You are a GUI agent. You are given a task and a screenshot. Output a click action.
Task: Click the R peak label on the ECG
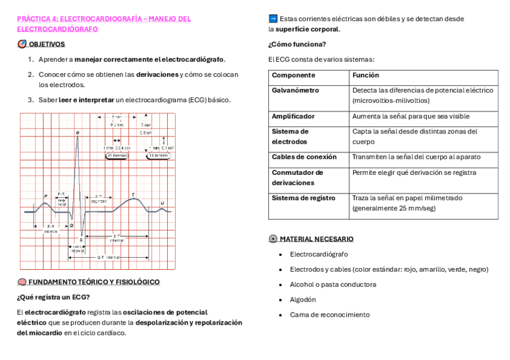pos(78,132)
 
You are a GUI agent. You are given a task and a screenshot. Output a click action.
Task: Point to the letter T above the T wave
pos(133,194)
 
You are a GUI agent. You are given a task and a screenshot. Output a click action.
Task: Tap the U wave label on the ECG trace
pos(162,203)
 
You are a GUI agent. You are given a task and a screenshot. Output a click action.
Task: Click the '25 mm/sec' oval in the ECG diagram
pos(117,155)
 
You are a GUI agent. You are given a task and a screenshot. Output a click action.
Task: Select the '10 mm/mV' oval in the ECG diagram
pos(159,155)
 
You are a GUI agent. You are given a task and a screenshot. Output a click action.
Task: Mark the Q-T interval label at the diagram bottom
pos(108,257)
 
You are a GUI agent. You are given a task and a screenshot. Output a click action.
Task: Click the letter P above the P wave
pos(46,196)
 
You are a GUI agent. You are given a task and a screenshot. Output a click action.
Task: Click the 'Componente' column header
pos(293,76)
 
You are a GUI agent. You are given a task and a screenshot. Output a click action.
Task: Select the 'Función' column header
pos(366,76)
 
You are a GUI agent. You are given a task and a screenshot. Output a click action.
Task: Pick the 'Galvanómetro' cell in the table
pos(295,91)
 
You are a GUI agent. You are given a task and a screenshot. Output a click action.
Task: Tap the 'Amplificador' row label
pos(293,117)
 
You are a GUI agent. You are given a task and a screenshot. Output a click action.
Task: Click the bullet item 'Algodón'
pos(303,300)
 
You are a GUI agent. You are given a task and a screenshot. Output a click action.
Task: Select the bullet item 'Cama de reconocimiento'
pos(330,315)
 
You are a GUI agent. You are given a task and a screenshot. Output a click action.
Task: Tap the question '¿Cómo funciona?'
pos(297,44)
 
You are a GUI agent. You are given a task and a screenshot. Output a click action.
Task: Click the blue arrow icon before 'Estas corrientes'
pos(272,19)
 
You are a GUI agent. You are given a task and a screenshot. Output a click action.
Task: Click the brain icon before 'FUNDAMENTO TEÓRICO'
pos(21,282)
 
